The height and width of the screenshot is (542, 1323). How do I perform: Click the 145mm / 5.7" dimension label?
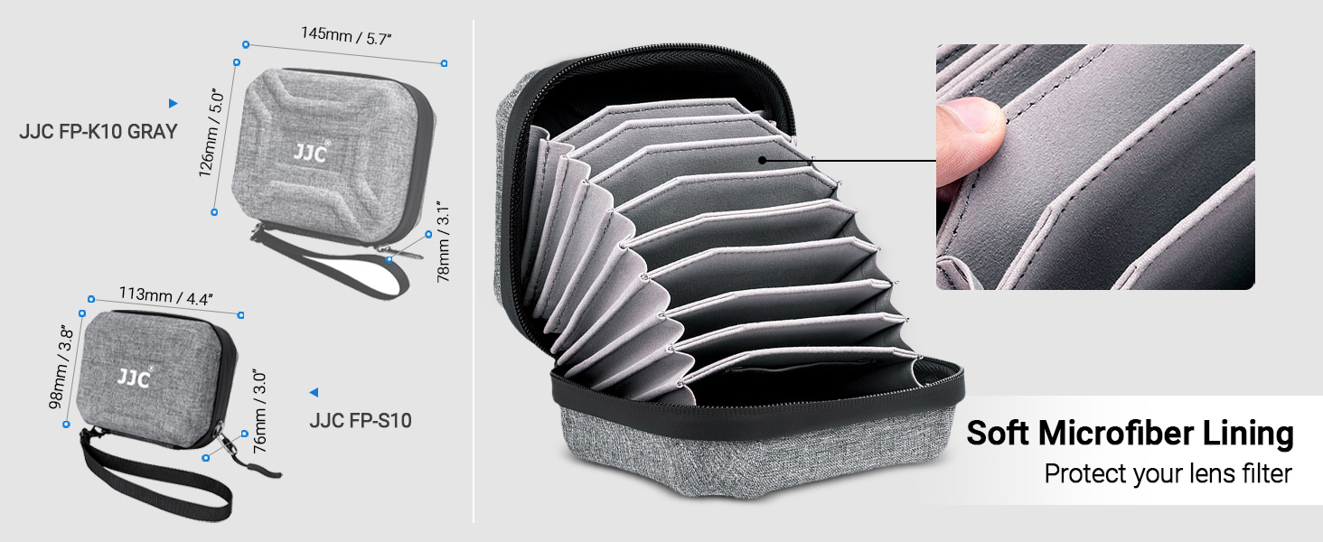(x=346, y=35)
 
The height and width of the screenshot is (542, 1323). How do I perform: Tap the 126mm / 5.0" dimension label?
(x=211, y=134)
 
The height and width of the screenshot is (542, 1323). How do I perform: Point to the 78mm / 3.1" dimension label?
(x=443, y=242)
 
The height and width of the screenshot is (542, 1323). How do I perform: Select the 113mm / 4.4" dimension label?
(x=166, y=295)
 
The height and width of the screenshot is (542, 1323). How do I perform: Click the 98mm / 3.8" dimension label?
(x=61, y=367)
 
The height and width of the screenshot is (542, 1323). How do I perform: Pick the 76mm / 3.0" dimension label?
(x=260, y=412)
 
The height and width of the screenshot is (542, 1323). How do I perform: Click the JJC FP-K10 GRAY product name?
(x=98, y=131)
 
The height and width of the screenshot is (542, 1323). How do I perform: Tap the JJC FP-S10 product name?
(x=361, y=420)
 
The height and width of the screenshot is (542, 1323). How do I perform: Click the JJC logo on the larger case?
(x=311, y=152)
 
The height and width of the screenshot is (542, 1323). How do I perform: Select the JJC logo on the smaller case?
(x=135, y=376)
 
